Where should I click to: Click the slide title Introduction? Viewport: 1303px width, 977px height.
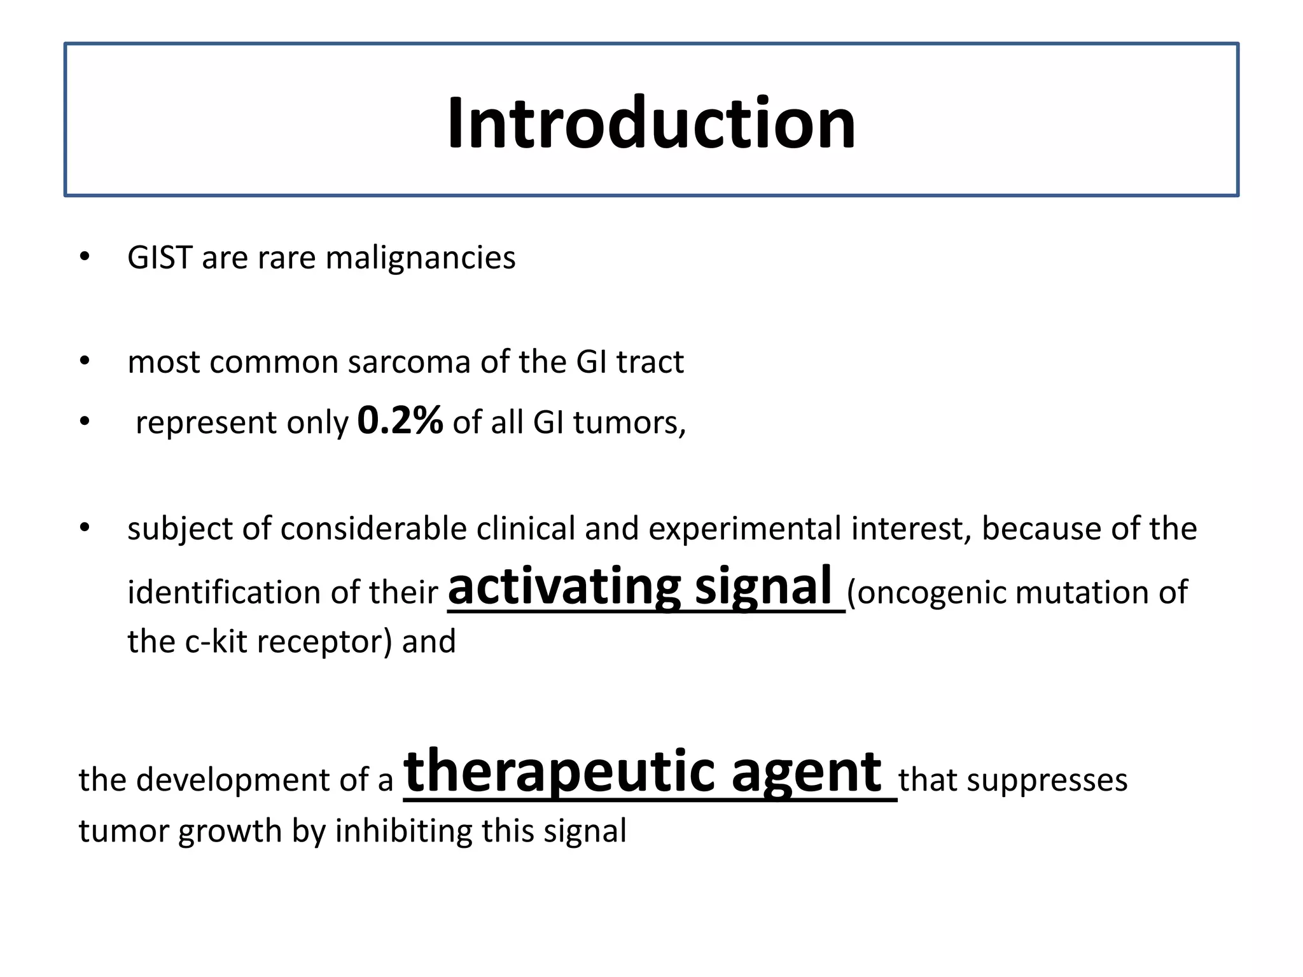pyautogui.click(x=651, y=122)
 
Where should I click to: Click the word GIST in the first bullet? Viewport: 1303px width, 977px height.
pyautogui.click(x=160, y=258)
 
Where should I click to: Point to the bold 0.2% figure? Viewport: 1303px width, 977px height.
pyautogui.click(x=400, y=420)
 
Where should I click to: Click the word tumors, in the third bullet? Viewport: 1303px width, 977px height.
pyautogui.click(x=629, y=423)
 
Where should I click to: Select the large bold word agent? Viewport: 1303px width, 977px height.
pyautogui.click(x=806, y=773)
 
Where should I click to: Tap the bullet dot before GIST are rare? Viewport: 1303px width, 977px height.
pyautogui.click(x=85, y=258)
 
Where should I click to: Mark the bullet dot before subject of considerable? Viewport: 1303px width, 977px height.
pyautogui.click(x=85, y=528)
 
